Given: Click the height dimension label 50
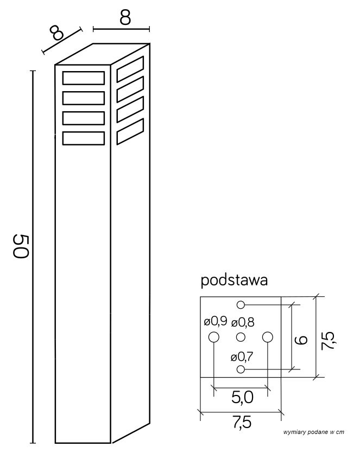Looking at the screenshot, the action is click(21, 246).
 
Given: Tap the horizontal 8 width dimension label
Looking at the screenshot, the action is click(125, 17).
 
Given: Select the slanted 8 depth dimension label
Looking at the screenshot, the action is click(56, 33).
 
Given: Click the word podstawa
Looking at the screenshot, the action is click(234, 280).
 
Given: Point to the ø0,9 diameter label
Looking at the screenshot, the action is click(216, 321).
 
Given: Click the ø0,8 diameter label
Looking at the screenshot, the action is click(243, 322).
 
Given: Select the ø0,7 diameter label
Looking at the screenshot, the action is click(242, 358).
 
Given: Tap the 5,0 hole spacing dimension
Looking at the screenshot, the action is click(242, 398).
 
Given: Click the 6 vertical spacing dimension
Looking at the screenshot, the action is click(301, 340).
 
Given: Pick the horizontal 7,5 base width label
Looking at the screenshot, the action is click(242, 423).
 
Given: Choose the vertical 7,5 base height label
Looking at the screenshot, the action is click(329, 341).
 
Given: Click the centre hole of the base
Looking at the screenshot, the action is click(241, 337).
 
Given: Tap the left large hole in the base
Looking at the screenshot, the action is click(214, 337).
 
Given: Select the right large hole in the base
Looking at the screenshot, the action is click(268, 337).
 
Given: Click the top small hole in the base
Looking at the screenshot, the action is click(241, 304).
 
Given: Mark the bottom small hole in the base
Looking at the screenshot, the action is click(241, 369).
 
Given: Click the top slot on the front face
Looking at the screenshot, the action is click(84, 78).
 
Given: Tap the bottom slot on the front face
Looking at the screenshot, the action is click(84, 138).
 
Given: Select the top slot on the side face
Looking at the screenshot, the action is click(130, 69).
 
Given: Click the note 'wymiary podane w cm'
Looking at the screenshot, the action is click(314, 432).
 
